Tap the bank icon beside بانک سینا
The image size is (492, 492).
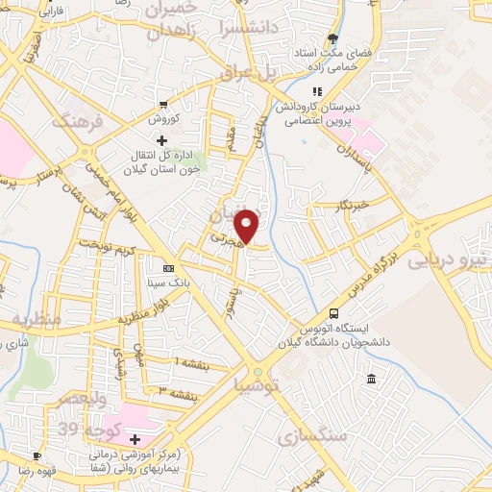pyautogui.click(x=169, y=268)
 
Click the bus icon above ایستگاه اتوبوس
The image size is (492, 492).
pyautogui.click(x=333, y=313)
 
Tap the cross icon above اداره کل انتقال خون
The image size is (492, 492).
pyautogui.click(x=161, y=141)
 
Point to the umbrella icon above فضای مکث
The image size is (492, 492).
pyautogui.click(x=332, y=39)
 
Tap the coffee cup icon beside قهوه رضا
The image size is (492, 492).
pyautogui.click(x=37, y=455)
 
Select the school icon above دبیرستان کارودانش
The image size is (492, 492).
pyautogui.click(x=316, y=91)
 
